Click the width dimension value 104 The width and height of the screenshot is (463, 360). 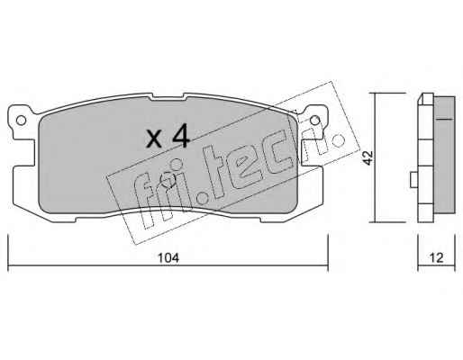pos(168,258)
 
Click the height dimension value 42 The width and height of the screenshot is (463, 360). pos(368,157)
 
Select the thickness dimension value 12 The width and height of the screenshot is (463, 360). pos(437,257)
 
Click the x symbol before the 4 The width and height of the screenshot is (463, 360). pos(155,139)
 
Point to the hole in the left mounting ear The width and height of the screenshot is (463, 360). pos(21,121)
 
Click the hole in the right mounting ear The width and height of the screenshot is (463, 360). pos(314,121)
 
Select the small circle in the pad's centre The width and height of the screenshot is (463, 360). pos(168,180)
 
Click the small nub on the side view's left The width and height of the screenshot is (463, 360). pos(413,180)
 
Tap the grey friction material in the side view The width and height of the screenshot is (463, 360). pos(445,155)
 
